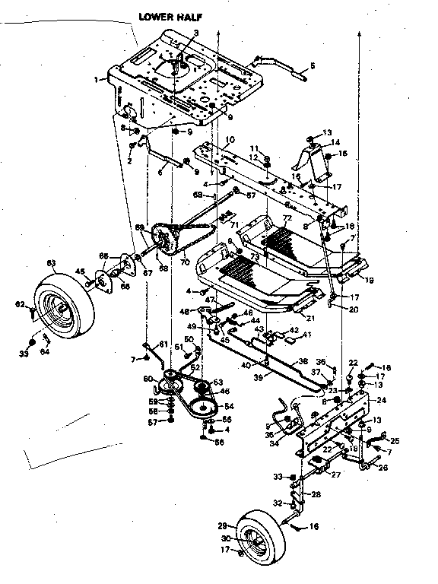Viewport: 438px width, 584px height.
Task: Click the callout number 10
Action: pos(230,140)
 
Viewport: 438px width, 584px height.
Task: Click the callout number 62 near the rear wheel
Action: pos(31,306)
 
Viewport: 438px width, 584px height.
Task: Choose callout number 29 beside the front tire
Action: pos(223,525)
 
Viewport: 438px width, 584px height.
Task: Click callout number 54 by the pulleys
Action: pos(229,407)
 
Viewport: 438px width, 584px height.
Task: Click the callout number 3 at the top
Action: pos(195,32)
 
